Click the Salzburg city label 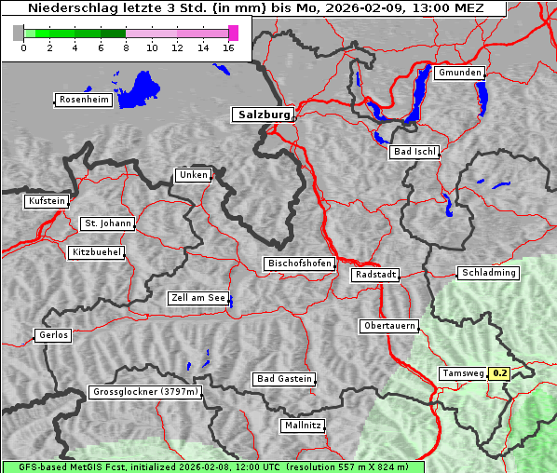(x=262, y=115)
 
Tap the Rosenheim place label (x=83, y=100)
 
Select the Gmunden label (x=459, y=73)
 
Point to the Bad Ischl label (x=414, y=152)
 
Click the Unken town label (x=193, y=175)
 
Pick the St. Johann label (x=107, y=223)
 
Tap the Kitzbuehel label (x=96, y=252)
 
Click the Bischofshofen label (x=299, y=264)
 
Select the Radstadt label (x=374, y=275)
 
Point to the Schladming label (x=488, y=273)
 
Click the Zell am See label (x=197, y=298)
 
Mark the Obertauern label (x=388, y=326)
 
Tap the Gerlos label (x=53, y=335)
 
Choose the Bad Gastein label (x=284, y=379)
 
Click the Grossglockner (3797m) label (x=145, y=392)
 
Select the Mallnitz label (x=303, y=426)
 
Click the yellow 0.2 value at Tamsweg (x=500, y=373)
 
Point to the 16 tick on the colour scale (x=228, y=48)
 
